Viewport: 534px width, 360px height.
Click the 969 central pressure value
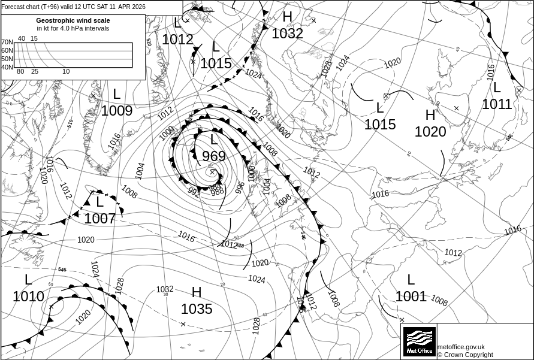point(214,156)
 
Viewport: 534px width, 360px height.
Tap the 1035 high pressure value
point(197,309)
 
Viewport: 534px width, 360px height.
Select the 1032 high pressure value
point(288,34)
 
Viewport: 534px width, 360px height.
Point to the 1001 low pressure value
point(411,296)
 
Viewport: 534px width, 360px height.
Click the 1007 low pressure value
point(99,219)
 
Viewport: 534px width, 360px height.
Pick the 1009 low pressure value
point(117,111)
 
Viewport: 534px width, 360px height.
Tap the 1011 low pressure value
point(497,104)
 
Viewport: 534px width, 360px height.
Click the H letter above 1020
point(430,116)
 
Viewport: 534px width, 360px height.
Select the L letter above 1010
point(28,280)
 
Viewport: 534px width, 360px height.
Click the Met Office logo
point(419,341)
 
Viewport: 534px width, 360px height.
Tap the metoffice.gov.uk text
point(461,347)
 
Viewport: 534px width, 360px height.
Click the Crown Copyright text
point(465,355)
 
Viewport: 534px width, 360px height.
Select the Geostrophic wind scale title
point(73,20)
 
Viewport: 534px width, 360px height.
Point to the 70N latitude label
point(7,43)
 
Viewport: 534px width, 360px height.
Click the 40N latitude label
point(7,67)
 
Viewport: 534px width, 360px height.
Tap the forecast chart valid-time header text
point(73,7)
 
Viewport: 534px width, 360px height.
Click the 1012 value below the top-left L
point(178,40)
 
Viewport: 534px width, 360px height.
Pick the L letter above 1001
point(411,280)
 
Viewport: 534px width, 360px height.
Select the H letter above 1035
point(197,292)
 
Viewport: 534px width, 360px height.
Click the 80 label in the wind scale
point(20,72)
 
